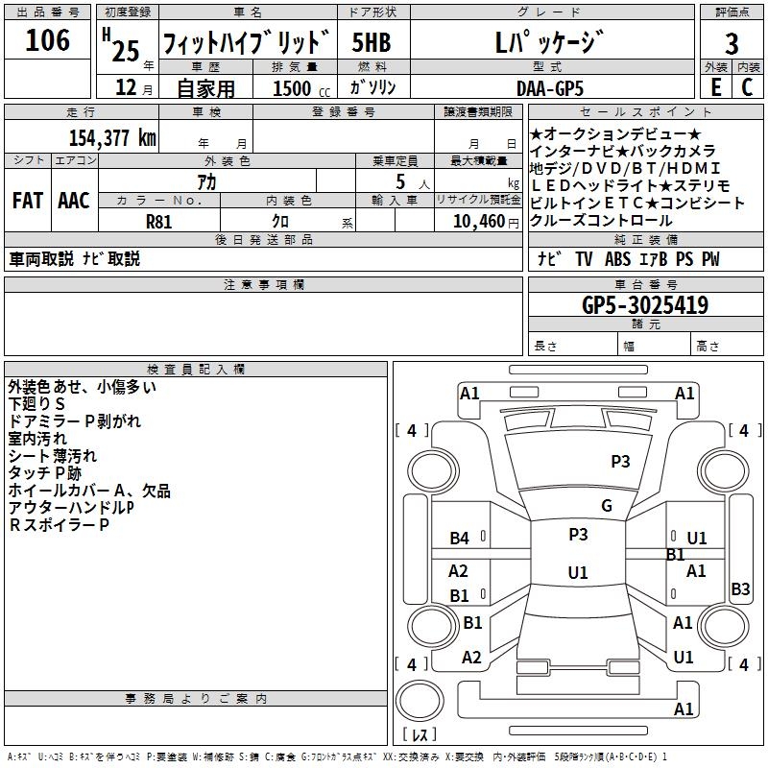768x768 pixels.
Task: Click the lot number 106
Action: pos(47,40)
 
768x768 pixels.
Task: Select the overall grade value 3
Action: pos(732,43)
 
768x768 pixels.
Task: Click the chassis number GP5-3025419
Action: pos(645,305)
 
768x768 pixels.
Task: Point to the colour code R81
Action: pos(159,220)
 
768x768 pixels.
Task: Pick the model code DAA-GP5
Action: pos(549,87)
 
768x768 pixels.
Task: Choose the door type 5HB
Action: pos(371,43)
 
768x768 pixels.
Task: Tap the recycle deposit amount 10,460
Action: pos(476,221)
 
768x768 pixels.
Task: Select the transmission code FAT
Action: pos(27,201)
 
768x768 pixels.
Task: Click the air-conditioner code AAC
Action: pos(73,201)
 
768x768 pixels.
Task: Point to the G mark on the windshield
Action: pos(606,506)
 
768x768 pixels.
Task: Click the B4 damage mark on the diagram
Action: pos(460,539)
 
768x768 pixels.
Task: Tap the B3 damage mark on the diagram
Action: pos(740,589)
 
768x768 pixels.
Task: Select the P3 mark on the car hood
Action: pos(620,462)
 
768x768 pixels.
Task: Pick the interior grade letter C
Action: pos(747,87)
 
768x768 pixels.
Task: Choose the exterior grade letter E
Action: pos(715,87)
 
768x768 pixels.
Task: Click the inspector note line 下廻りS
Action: pos(37,404)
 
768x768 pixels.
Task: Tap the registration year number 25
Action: pos(125,49)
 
